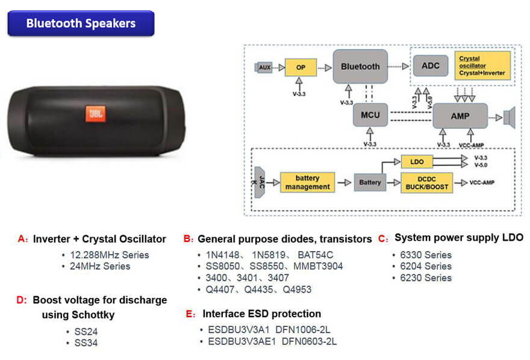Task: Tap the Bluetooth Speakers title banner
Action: coord(81,24)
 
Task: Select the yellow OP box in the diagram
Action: coord(301,67)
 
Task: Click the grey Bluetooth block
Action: coord(360,66)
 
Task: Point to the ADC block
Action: coord(430,66)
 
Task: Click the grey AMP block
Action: coord(460,115)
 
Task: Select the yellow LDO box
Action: coord(417,162)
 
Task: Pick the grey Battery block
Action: coord(370,182)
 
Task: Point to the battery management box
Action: coord(307,182)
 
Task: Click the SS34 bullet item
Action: coord(86,343)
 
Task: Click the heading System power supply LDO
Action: coord(459,238)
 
